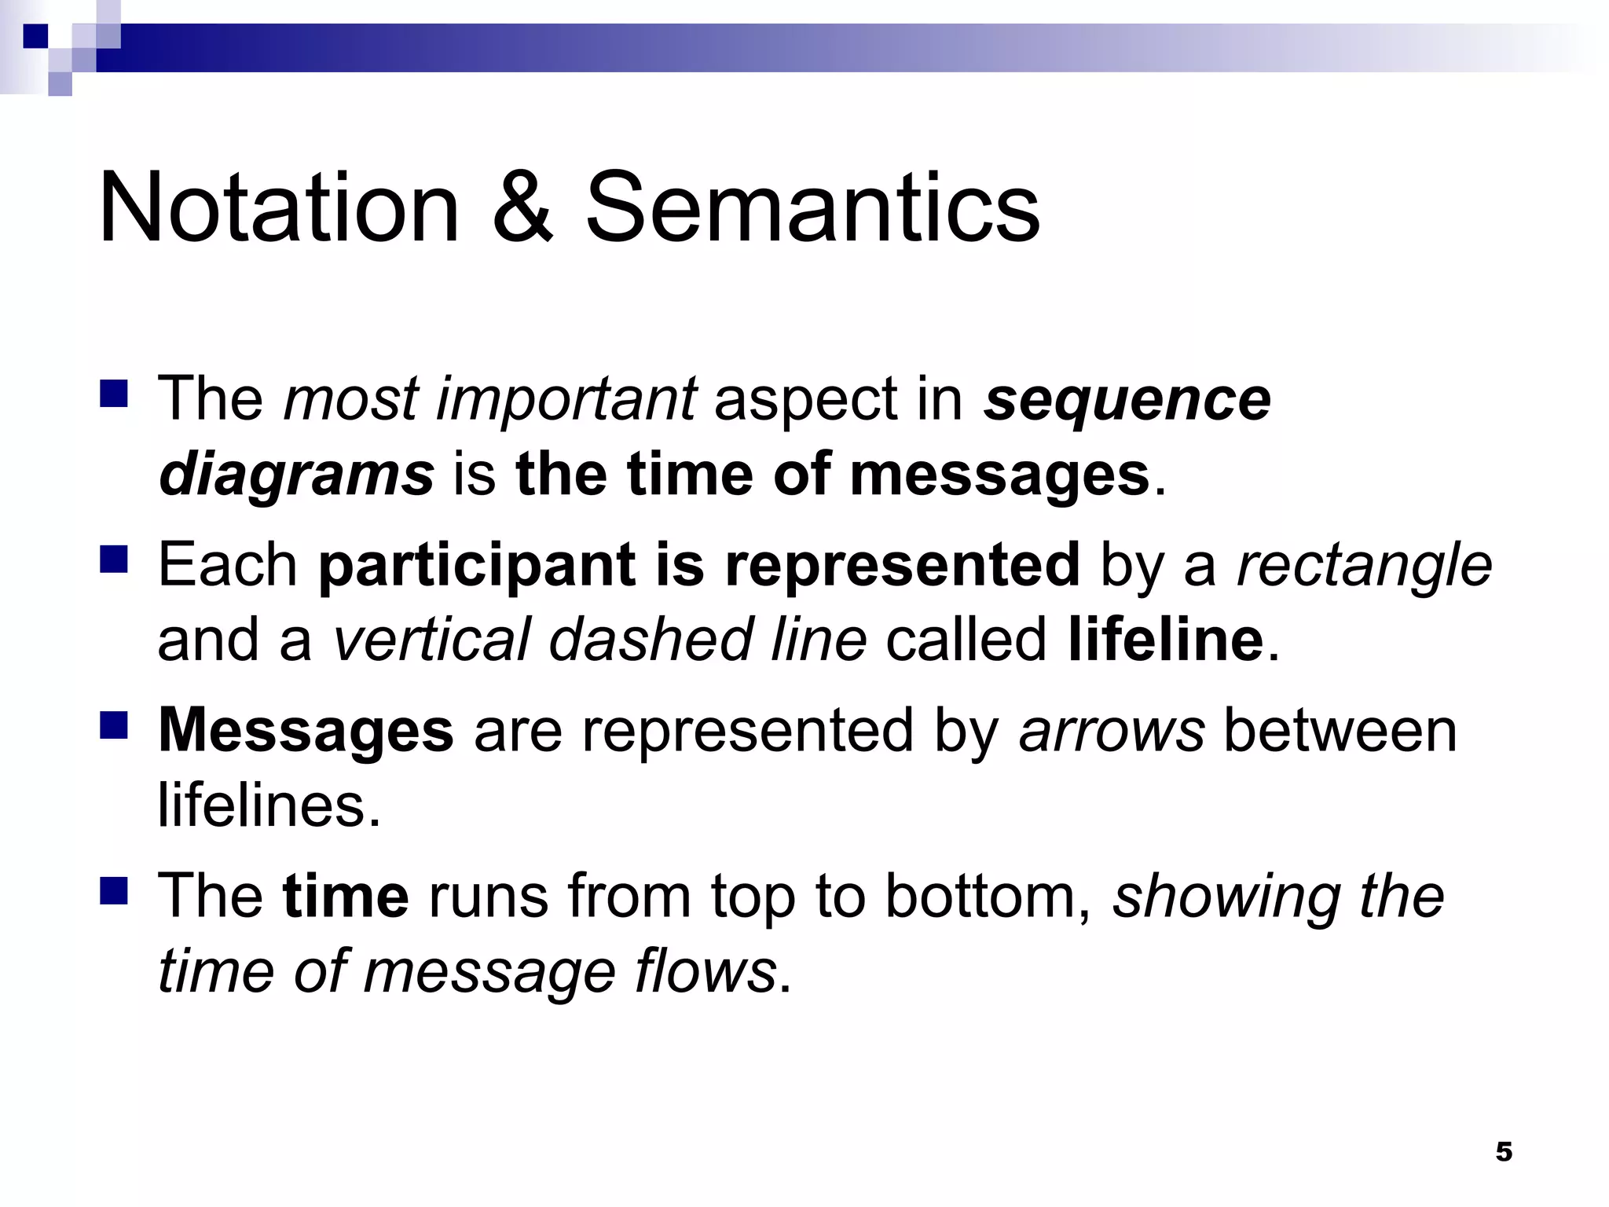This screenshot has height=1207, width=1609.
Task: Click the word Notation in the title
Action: [x=279, y=208]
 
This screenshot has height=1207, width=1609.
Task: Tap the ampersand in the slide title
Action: [x=522, y=208]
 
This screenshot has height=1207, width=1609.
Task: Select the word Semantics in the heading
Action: [x=813, y=208]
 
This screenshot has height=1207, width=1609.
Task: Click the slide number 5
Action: [x=1504, y=1151]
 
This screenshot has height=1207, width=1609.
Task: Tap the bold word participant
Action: [x=477, y=564]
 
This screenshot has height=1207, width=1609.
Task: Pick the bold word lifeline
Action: [x=1166, y=640]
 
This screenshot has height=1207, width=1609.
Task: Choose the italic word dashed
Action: [x=650, y=640]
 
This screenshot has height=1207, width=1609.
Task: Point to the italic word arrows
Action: [x=1112, y=731]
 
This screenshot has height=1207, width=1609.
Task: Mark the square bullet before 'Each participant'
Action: [x=114, y=559]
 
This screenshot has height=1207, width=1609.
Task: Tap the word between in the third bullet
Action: [x=1340, y=731]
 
